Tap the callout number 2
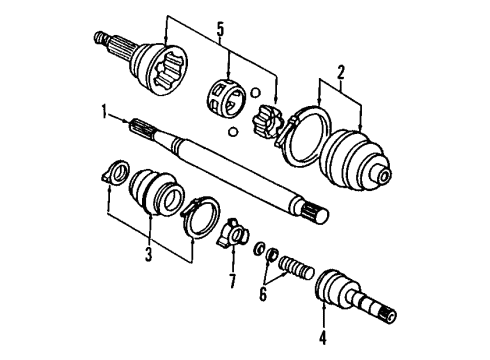341,71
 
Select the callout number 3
149,255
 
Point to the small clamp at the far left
114,174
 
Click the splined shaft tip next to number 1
140,125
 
